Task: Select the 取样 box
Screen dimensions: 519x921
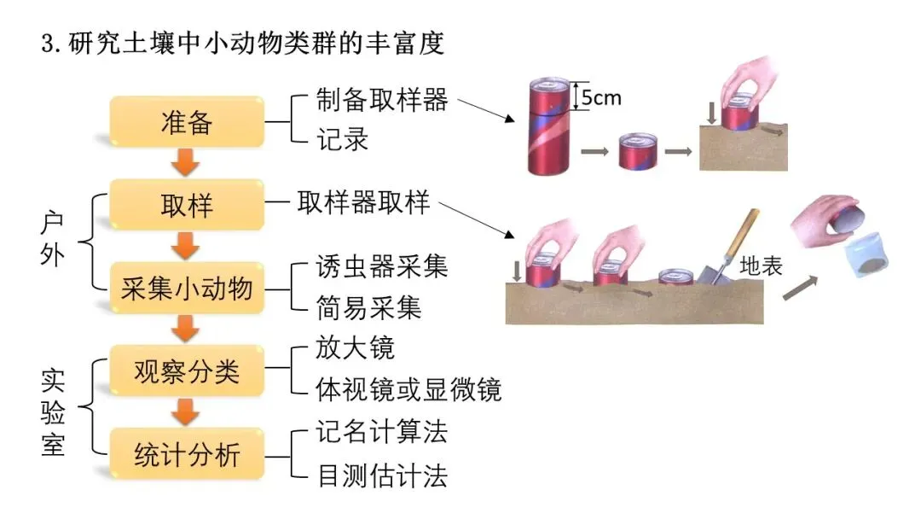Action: pos(187,206)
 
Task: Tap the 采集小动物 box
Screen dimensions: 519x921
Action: pos(187,289)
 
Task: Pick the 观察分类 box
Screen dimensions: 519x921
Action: pos(187,371)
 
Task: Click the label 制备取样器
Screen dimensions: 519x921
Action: pos(369,100)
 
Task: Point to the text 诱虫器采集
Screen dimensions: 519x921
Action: pos(369,266)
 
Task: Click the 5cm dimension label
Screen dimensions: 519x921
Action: pos(602,97)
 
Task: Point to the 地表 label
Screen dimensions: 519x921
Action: pos(761,266)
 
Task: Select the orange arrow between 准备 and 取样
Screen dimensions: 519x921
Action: pos(186,162)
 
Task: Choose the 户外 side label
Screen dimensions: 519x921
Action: pos(53,240)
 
